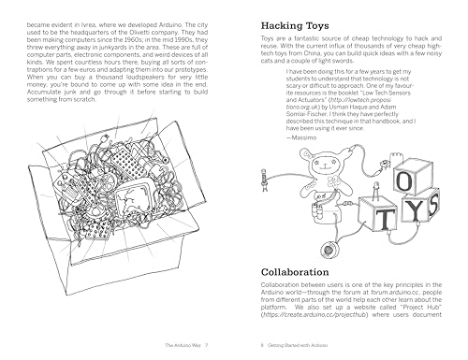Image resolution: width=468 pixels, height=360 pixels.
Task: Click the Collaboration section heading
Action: (307, 272)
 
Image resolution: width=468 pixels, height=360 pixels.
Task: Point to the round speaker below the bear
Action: (329, 249)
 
